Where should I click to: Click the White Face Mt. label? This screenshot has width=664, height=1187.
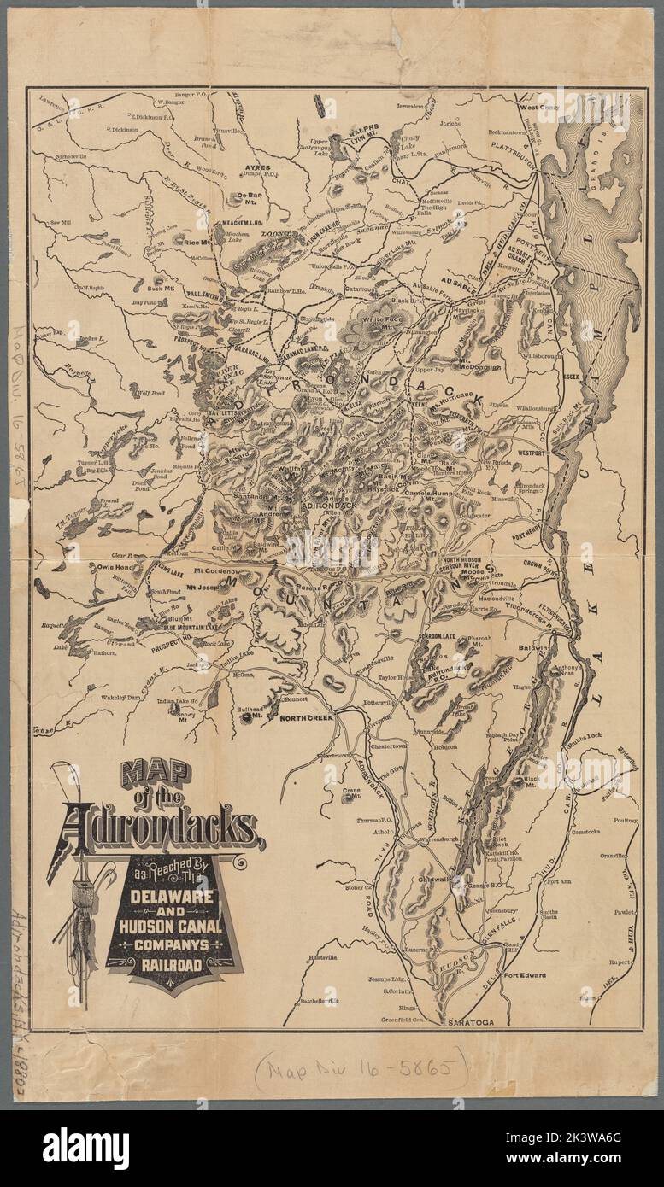point(379,319)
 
